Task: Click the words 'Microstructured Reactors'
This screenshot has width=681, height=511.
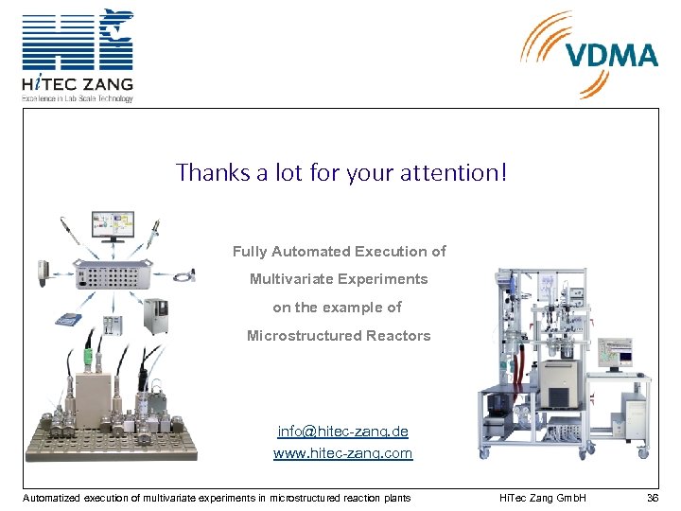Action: [x=339, y=336]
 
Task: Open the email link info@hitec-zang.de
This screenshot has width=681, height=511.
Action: [x=342, y=432]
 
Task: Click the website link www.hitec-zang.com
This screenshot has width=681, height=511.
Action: [x=342, y=453]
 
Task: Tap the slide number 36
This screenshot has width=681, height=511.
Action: [x=652, y=498]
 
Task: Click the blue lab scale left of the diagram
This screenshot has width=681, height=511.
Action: [x=67, y=318]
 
